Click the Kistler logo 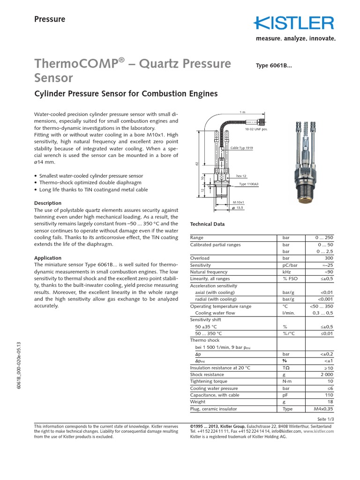click(x=294, y=23)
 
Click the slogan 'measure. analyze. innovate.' click(x=295, y=39)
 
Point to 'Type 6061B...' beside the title click(x=274, y=66)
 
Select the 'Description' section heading click(x=48, y=203)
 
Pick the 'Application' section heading click(x=48, y=258)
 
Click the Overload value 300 click(x=328, y=258)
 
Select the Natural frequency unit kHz click(x=286, y=272)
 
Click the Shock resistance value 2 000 click(x=325, y=375)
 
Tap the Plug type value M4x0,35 click(x=322, y=409)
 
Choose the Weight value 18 click(x=330, y=402)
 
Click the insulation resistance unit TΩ click(x=285, y=368)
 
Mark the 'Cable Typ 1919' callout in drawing click(x=242, y=148)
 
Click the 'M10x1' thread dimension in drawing click(x=240, y=202)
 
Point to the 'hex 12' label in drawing click(x=241, y=176)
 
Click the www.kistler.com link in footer click(x=318, y=431)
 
